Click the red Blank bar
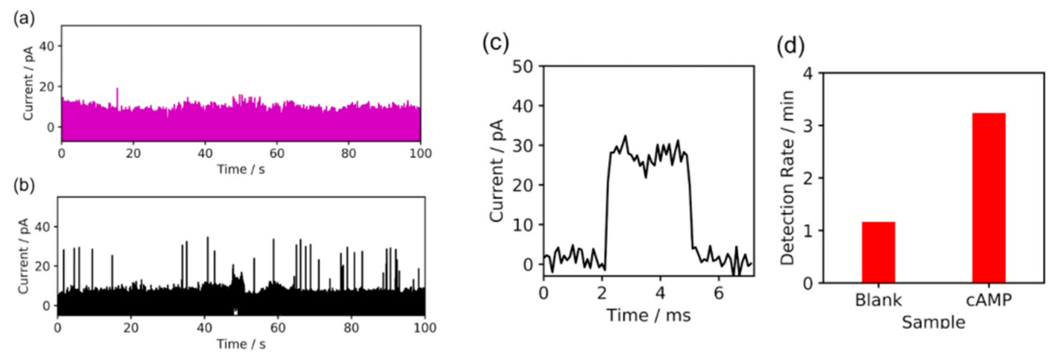(878, 252)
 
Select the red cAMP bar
(988, 197)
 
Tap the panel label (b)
(24, 186)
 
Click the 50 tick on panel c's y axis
(522, 66)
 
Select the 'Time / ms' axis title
(648, 315)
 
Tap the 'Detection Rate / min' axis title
(787, 177)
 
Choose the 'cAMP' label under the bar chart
(988, 301)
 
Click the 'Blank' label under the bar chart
(878, 301)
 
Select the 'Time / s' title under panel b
(241, 344)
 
